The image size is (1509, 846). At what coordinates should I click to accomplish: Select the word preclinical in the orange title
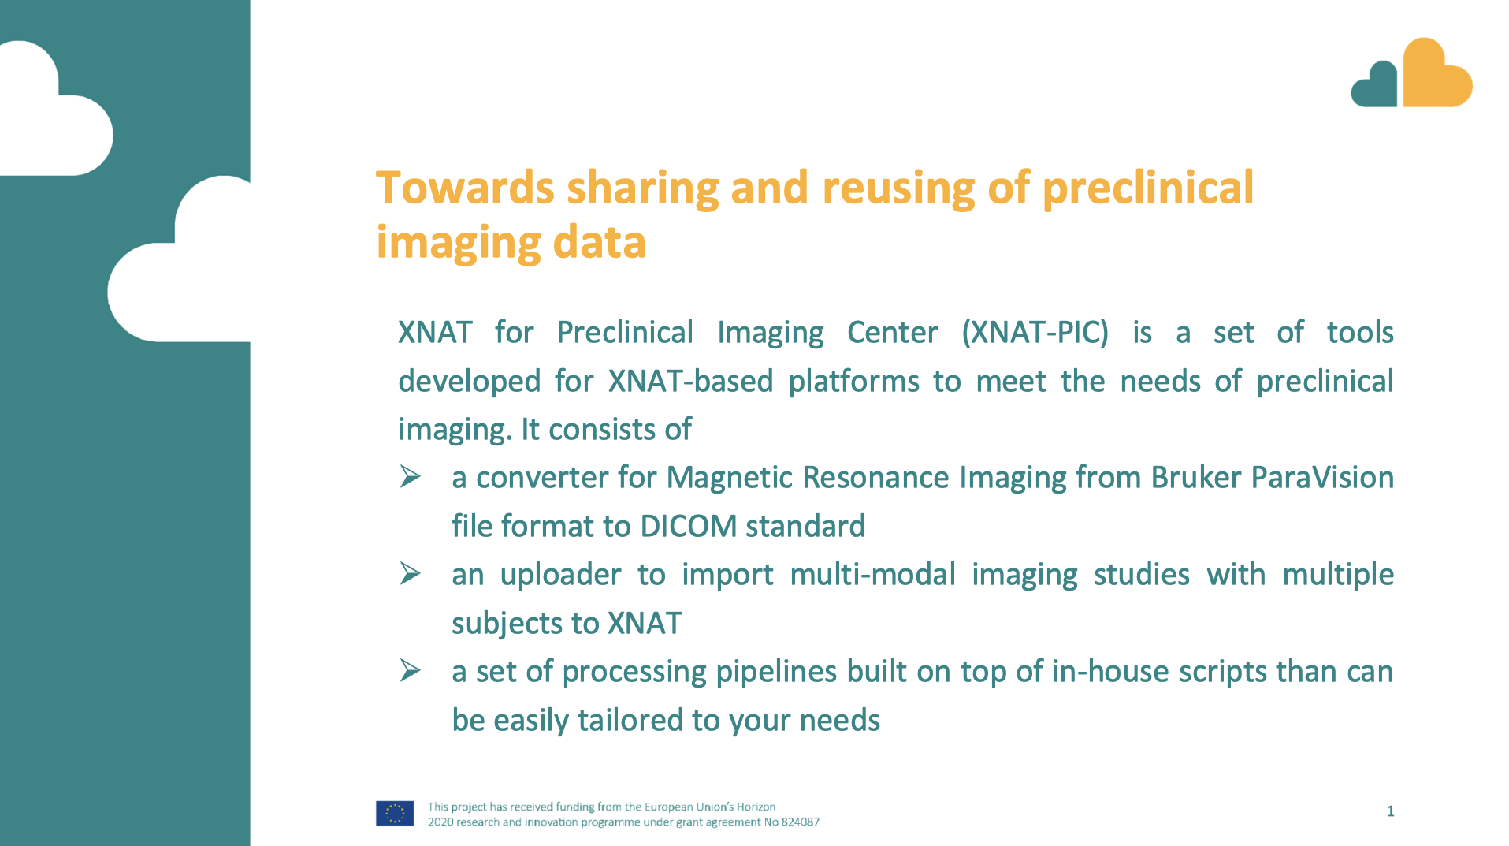coord(1147,188)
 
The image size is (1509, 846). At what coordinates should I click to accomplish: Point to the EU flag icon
coord(395,814)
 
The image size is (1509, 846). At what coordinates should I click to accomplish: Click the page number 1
coord(1390,811)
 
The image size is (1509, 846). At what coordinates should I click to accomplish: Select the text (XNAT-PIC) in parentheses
coord(1035,333)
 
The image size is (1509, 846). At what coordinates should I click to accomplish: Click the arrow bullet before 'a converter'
coord(410,477)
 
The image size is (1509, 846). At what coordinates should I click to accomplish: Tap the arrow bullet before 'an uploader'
coord(410,574)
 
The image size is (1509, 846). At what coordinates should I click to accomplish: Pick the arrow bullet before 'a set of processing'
coord(410,671)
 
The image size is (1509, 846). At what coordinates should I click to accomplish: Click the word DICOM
coord(688,527)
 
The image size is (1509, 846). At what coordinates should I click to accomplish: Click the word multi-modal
coord(872,575)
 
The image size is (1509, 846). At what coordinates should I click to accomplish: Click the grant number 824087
coord(800,822)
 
